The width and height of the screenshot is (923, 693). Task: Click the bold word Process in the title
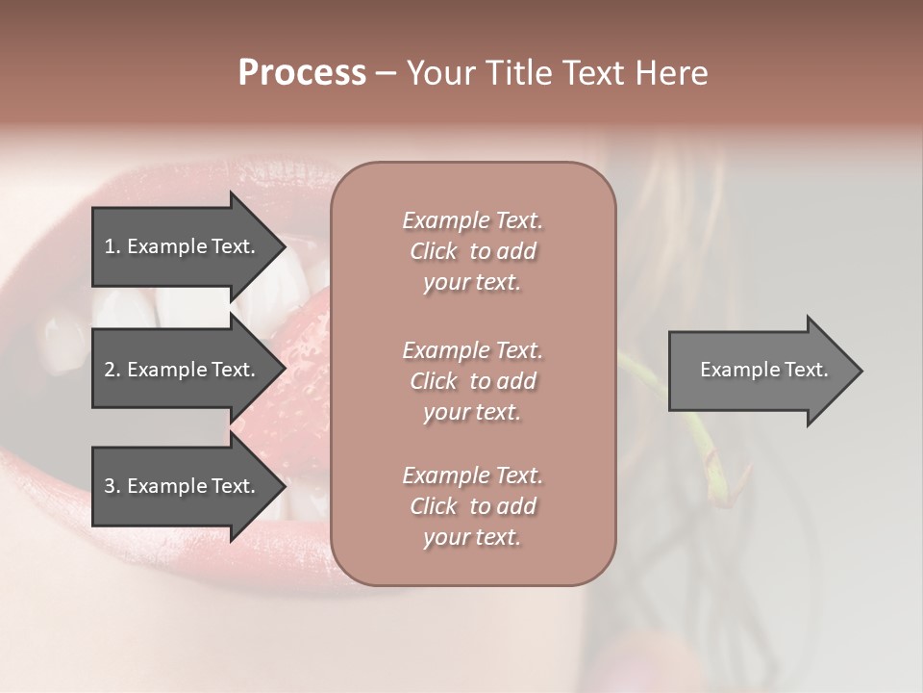coord(302,73)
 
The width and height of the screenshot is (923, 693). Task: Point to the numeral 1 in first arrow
coord(109,246)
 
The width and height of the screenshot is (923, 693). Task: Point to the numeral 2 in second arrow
coord(110,370)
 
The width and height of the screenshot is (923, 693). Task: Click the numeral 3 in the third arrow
coord(110,486)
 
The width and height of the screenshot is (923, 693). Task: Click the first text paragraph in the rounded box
coord(472,251)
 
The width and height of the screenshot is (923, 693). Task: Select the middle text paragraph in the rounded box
coord(472,381)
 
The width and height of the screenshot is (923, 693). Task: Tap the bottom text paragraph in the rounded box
coord(472,506)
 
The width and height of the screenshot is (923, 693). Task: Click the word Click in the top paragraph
coord(434,251)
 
